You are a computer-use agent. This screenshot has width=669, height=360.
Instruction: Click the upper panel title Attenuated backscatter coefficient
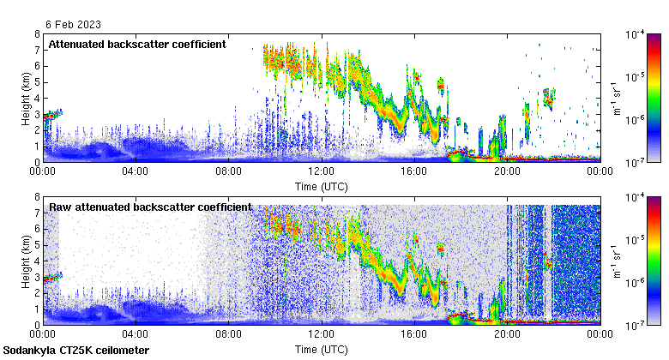(137, 44)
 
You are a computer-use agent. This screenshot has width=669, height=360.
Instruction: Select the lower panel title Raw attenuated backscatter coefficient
(150, 207)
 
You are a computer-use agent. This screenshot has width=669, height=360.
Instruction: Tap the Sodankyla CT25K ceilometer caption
(76, 351)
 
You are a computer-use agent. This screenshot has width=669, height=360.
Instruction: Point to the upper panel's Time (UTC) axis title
(321, 185)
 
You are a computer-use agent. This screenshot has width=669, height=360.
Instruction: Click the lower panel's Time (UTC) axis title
(321, 350)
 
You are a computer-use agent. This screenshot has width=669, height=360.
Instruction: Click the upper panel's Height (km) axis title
(27, 98)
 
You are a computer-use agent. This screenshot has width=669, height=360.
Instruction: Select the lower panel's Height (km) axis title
(27, 261)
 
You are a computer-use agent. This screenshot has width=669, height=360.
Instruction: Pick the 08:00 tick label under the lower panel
(228, 335)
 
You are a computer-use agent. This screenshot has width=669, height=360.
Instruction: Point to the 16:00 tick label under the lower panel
(413, 335)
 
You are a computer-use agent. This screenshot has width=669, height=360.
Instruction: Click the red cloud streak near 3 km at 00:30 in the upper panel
(53, 114)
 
